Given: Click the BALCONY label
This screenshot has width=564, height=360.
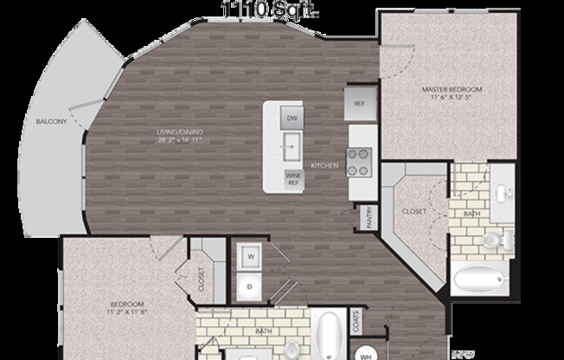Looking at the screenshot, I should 52,122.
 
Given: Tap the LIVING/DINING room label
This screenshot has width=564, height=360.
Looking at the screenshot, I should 179,132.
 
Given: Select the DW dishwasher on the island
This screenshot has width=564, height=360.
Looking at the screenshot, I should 292,118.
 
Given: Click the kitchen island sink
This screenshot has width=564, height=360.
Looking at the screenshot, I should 292,144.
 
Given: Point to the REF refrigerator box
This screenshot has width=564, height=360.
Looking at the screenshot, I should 360,102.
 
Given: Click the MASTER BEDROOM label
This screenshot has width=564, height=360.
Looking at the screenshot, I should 452,89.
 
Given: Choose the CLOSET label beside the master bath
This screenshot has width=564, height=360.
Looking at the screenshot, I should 413,211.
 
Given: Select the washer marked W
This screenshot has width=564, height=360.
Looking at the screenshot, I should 251,256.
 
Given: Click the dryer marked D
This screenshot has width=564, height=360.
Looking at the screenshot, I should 251,284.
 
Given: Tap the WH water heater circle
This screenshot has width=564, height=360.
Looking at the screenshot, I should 366,353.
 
